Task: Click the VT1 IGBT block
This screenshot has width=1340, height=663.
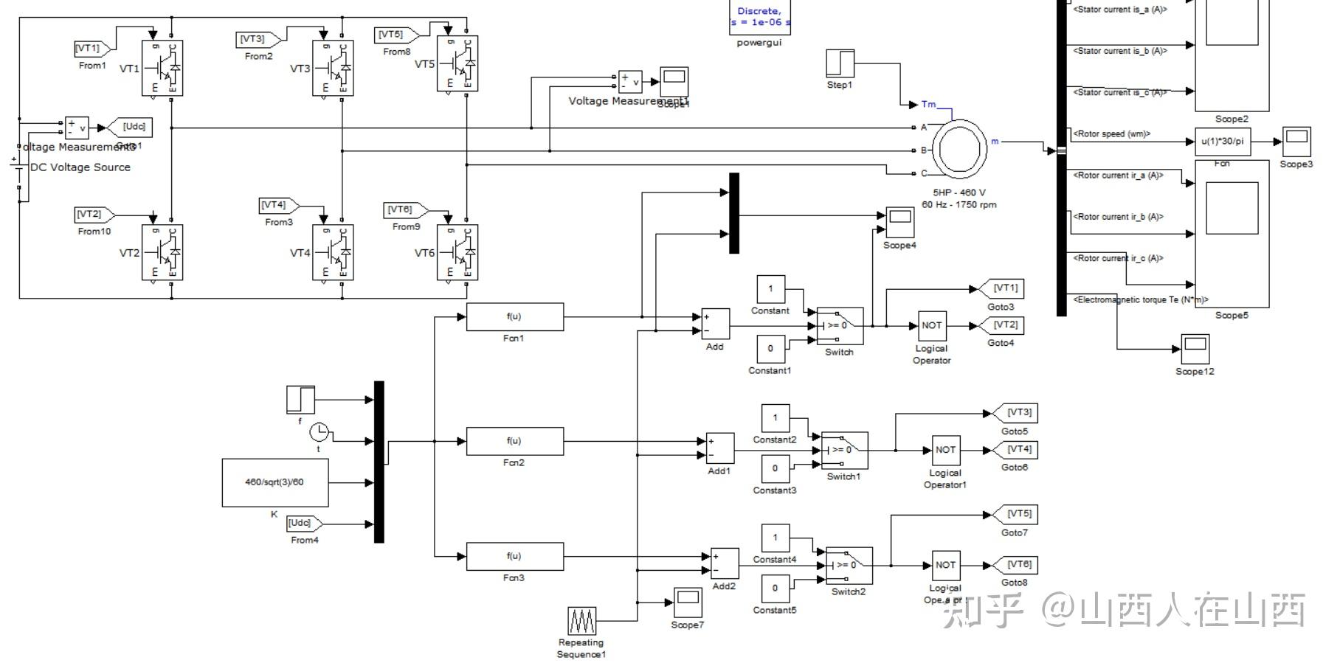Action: [162, 68]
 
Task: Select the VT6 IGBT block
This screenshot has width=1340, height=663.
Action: [457, 252]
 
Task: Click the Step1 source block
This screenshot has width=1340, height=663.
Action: [840, 63]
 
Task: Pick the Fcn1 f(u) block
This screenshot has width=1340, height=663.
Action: [514, 317]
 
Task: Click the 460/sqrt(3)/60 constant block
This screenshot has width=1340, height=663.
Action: [274, 482]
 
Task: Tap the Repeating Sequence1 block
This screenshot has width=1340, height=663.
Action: [581, 621]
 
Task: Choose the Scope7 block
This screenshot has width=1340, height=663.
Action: [688, 603]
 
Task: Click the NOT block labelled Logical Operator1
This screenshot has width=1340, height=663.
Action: [945, 450]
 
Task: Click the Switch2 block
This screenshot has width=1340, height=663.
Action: [849, 566]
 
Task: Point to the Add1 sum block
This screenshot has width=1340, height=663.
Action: [720, 448]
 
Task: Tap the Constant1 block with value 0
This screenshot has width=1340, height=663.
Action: [770, 349]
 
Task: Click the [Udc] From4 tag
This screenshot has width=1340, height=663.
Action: [303, 524]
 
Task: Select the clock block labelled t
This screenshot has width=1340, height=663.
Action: [319, 431]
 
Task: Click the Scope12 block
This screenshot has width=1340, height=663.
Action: [1194, 349]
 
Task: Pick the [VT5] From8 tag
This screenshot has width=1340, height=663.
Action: [396, 35]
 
